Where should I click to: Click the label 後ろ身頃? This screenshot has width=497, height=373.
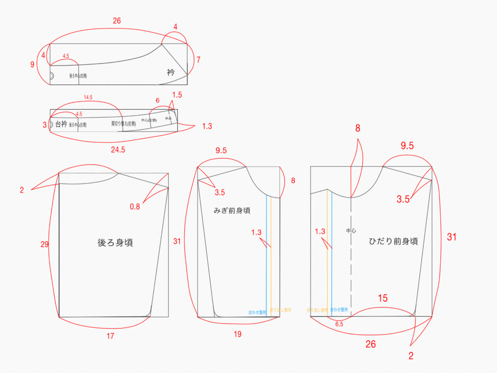coord(115,243)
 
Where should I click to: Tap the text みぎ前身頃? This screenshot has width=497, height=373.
coord(232,211)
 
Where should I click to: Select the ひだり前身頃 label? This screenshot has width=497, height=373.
coord(393,241)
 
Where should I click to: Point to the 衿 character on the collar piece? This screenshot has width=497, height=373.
coord(170,72)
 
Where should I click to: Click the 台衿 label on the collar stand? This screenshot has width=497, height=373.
coord(61,124)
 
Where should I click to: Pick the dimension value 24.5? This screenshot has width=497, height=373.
coord(118,150)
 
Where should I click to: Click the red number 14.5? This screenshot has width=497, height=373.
coord(88,97)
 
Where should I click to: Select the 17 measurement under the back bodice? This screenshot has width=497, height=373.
coord(110,336)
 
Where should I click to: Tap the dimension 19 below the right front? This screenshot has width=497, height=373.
coord(237,334)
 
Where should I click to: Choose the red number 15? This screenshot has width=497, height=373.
coord(382,298)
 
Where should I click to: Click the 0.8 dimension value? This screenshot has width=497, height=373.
coord(135,206)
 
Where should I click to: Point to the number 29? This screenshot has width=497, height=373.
coord(45,244)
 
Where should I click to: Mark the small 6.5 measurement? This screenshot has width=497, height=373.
coord(339,323)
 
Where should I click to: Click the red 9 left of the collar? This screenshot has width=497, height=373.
coord(32,64)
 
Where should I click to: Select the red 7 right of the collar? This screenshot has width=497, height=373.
coord(198,60)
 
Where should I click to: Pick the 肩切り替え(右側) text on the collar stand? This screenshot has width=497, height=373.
coord(123,124)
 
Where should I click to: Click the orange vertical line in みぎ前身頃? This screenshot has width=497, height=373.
coord(271,253)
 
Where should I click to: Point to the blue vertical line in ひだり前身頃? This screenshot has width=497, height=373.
coord(332,253)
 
